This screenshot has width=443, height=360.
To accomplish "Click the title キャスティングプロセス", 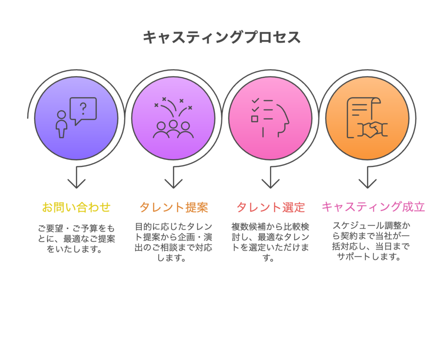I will (221, 38).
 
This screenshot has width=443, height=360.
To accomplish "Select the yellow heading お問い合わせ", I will (76, 207).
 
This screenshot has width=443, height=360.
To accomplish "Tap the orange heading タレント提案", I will (173, 207).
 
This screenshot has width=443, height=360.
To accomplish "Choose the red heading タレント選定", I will (270, 207).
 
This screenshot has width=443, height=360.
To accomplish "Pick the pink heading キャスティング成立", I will (373, 207).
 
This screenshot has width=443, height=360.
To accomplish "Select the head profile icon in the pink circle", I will (280, 119).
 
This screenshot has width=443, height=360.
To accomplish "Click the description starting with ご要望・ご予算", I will (76, 238).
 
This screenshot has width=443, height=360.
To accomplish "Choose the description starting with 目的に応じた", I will (173, 242).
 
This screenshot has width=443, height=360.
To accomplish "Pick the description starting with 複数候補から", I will (270, 242).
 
